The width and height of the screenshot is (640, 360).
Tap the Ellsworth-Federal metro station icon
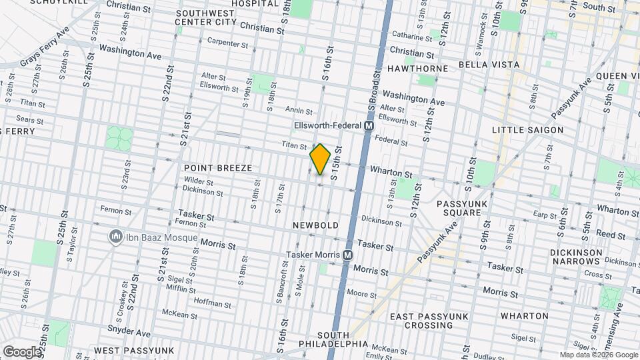(x=369, y=125)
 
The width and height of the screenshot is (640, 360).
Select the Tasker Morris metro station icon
(x=347, y=255)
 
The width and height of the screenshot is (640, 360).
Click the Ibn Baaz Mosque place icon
(x=116, y=237)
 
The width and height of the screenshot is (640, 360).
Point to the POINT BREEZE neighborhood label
(x=218, y=168)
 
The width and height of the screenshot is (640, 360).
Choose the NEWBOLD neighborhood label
(x=315, y=226)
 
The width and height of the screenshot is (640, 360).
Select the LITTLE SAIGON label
(x=527, y=130)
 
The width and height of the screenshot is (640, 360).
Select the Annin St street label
(x=299, y=111)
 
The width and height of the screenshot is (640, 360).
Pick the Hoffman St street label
(x=212, y=304)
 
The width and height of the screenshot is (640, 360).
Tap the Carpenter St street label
(x=227, y=43)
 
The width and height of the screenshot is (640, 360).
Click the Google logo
(x=22, y=351)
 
